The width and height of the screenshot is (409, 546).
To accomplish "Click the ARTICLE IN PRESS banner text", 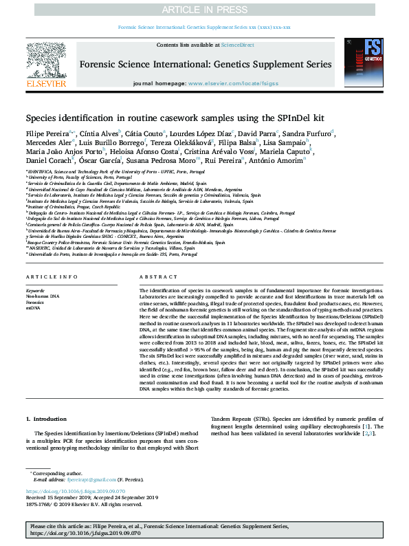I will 204,9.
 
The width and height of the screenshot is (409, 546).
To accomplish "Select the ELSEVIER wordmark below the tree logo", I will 46,83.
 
